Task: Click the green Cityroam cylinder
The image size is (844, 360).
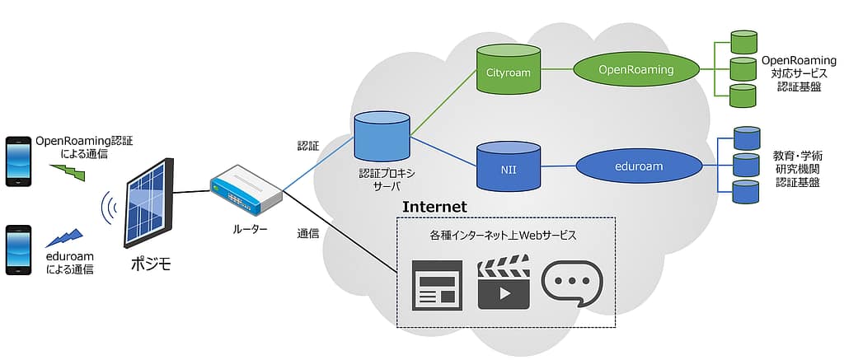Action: [502, 72]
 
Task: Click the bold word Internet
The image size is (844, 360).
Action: [434, 207]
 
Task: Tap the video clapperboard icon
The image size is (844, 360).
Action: [503, 281]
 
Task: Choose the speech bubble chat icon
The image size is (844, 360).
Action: [571, 283]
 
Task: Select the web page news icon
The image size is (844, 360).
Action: [437, 284]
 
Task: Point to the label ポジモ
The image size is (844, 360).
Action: [150, 264]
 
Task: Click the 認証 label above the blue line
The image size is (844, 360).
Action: [308, 146]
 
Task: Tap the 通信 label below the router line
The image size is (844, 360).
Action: [308, 233]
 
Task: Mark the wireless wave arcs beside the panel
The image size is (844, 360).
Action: [108, 211]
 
